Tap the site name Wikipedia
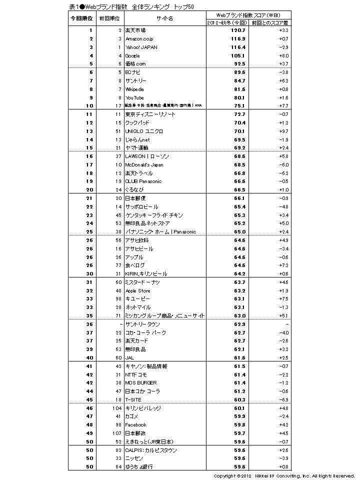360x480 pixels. point(134,89)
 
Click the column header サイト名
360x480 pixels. point(164,18)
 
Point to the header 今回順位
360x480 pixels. point(81,18)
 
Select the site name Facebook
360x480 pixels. point(135,424)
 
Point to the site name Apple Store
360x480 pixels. point(137,290)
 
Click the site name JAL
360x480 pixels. point(129,357)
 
